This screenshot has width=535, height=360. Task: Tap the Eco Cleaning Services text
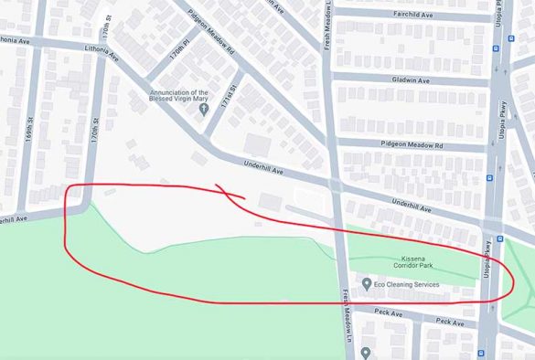tap(408, 285)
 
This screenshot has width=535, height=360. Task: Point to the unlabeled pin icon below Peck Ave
tap(366, 352)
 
